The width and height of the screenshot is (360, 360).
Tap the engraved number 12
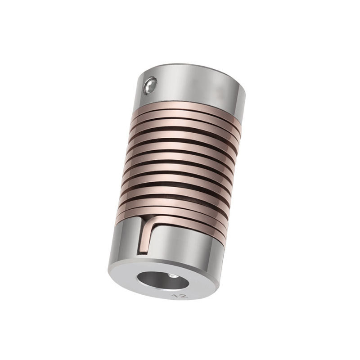181,295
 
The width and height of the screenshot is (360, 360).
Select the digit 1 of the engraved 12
176,295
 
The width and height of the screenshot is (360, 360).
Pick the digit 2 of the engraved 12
184,296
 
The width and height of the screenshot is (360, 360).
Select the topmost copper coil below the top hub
186,108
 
